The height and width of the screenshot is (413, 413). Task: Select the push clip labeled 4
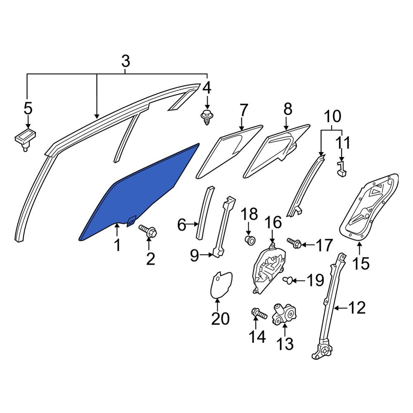coord(207,118)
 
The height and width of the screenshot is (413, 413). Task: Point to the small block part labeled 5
coord(25,139)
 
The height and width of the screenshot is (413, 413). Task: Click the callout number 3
coord(126,61)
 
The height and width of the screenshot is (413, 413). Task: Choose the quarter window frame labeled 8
coord(277,150)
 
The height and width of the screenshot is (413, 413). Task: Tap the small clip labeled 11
coord(342,169)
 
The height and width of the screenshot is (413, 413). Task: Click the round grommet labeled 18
coord(249,240)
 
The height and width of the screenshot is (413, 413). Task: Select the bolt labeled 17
coord(294,243)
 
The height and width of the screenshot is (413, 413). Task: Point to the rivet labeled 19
coord(287,280)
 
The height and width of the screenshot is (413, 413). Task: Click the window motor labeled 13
coord(285,314)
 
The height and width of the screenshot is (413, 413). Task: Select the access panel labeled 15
coord(369,208)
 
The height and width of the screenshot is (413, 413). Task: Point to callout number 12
coord(357,307)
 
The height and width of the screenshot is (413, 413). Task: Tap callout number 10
coord(332,116)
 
